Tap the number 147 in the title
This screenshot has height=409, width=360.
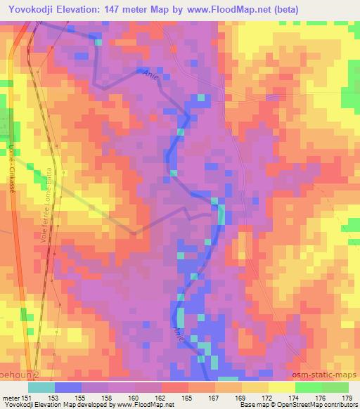click(120, 10)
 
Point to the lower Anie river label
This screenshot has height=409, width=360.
click(178, 332)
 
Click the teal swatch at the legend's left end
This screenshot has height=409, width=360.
click(41, 387)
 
